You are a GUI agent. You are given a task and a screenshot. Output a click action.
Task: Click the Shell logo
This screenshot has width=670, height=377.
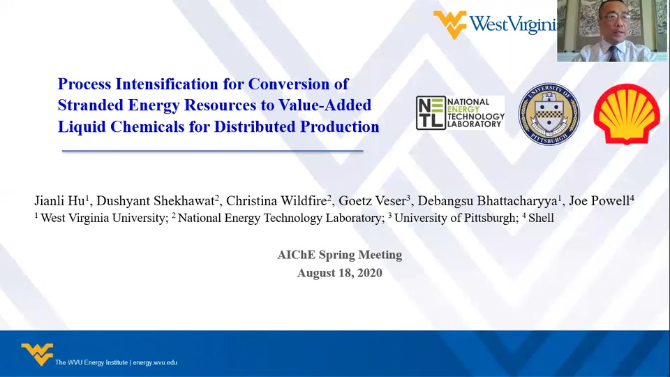[x=627, y=114]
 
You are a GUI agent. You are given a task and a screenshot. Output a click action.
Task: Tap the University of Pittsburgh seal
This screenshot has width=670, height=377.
[x=549, y=114]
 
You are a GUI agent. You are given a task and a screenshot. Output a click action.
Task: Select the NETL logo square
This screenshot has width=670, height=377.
[x=431, y=113]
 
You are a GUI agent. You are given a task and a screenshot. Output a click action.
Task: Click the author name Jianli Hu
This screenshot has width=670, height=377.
[x=59, y=200]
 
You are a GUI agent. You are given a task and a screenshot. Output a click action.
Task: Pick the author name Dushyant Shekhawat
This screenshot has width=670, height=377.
[x=155, y=200]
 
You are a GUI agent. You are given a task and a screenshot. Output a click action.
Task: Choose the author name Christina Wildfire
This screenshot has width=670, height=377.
[x=276, y=200]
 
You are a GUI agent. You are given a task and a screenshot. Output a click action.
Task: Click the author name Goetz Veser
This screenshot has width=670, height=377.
[x=372, y=200]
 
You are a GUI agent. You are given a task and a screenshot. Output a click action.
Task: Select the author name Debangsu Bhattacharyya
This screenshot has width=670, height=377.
[x=488, y=200]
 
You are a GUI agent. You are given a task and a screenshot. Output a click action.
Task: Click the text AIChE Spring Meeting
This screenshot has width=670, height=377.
[x=340, y=255]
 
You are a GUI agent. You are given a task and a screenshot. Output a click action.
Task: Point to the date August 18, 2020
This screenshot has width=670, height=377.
[x=340, y=273]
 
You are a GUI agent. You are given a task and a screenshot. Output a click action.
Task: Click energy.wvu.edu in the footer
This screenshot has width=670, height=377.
[x=155, y=362]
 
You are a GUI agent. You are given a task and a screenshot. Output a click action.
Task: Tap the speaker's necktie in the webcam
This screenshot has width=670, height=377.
[x=614, y=54]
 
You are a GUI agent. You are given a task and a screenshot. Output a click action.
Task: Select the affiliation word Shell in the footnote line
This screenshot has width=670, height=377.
[x=541, y=218]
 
